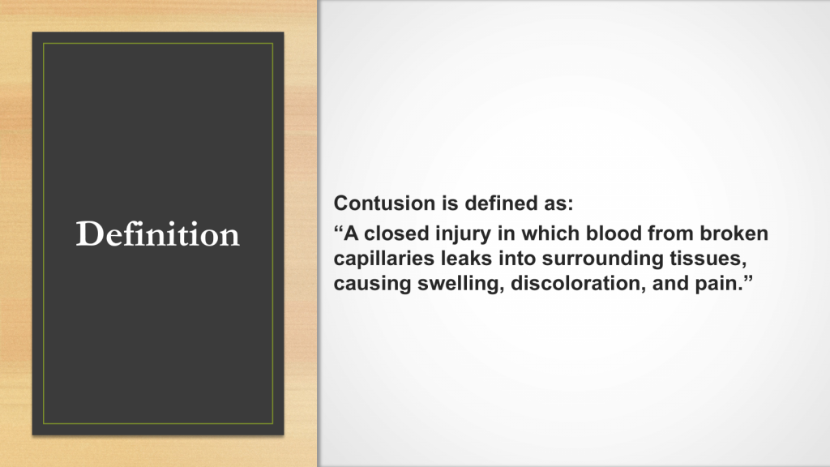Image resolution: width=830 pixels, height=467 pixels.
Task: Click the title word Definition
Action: point(158,233)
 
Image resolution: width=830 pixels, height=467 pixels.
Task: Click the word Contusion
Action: point(377,204)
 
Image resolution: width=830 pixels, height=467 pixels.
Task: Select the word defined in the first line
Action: point(498,204)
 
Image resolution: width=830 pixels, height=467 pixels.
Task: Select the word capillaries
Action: point(384,259)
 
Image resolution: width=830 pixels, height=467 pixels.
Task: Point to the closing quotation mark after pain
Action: point(748,278)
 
